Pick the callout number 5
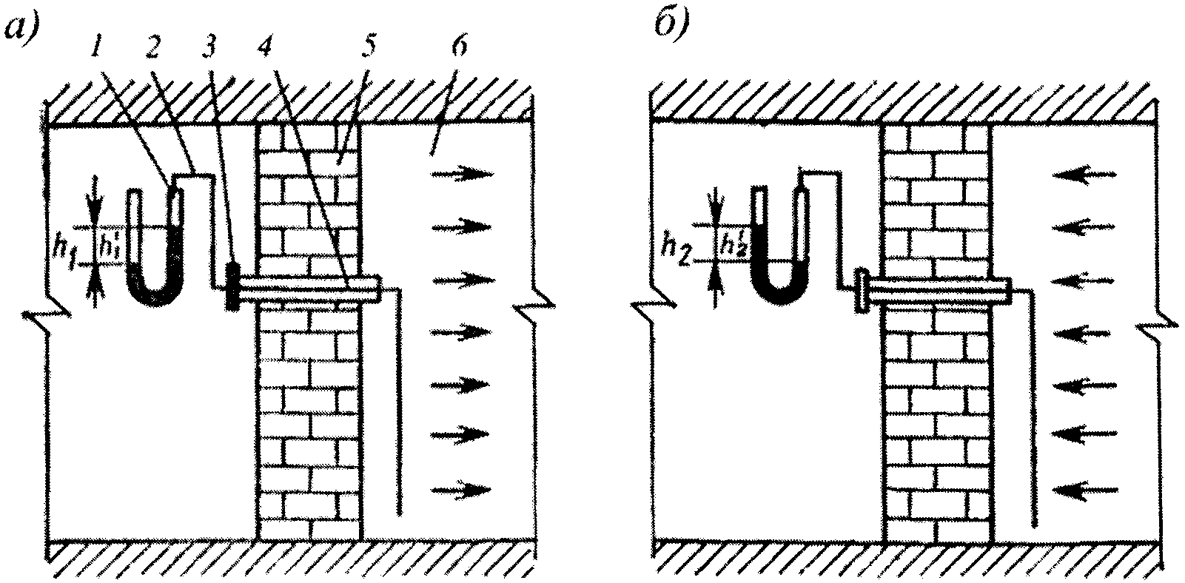[x=367, y=50]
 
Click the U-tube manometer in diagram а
[x=155, y=252]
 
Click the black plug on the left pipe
[x=232, y=286]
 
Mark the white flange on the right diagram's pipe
[x=861, y=291]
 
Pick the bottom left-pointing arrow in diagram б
[x=1085, y=488]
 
